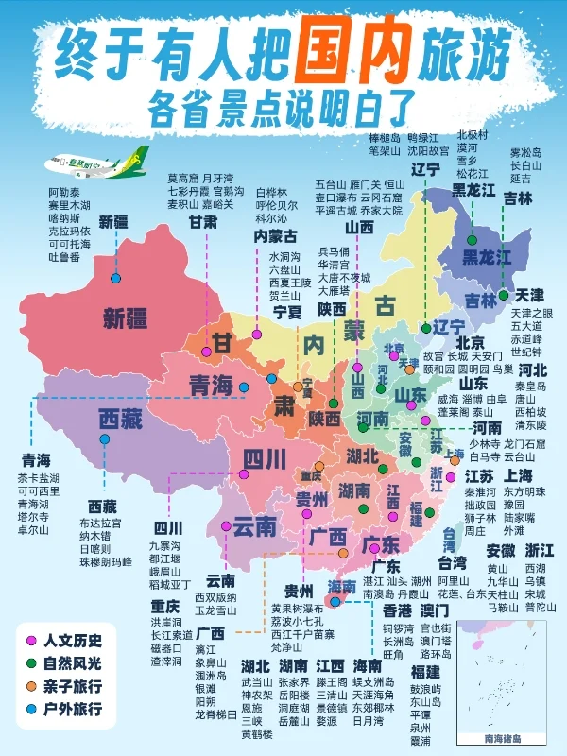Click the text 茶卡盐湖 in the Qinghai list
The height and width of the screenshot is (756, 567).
pos(39,479)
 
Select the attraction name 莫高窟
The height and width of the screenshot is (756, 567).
pos(184,178)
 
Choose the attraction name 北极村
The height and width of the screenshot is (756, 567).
pos(472,135)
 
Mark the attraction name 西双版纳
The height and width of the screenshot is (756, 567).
pos(215,597)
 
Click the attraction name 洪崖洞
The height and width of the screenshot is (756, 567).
pos(167,622)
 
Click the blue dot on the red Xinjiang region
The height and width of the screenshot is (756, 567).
pos(115,279)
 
